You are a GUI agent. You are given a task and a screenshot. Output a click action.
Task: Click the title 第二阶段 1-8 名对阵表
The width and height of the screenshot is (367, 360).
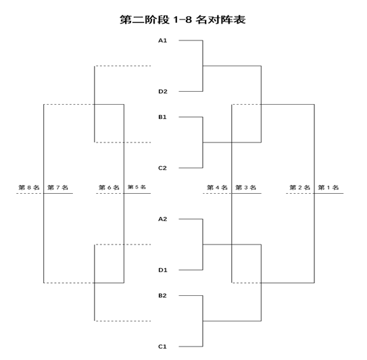(182, 20)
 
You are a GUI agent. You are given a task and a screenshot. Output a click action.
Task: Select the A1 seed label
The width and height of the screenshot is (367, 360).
(163, 41)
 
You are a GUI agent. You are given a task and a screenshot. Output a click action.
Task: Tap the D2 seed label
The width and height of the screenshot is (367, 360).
(163, 91)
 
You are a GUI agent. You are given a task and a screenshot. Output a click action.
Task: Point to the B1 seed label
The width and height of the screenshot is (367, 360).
(162, 117)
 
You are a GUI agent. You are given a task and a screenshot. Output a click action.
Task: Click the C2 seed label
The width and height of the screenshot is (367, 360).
(162, 168)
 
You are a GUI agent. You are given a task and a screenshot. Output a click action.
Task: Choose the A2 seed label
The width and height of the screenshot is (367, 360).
(163, 220)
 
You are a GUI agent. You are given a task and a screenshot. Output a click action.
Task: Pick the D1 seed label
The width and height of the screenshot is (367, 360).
(163, 270)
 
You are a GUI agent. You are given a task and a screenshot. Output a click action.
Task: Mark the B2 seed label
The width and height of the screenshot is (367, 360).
(162, 296)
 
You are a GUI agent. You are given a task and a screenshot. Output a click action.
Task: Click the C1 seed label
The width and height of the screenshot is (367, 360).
(162, 346)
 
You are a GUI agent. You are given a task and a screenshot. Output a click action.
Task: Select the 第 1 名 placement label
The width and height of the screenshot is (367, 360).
(328, 187)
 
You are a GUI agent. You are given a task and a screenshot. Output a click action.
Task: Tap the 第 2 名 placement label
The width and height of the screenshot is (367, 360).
(299, 187)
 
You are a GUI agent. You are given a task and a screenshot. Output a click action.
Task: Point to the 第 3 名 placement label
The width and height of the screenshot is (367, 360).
(246, 187)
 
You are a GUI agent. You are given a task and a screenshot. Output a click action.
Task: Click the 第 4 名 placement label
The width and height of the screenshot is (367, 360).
(217, 187)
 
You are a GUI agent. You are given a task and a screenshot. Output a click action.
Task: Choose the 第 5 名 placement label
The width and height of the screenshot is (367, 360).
(137, 187)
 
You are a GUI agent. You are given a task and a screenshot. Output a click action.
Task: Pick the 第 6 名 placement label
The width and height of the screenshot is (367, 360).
(109, 187)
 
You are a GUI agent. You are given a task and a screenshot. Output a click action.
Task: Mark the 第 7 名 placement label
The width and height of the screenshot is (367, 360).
(58, 187)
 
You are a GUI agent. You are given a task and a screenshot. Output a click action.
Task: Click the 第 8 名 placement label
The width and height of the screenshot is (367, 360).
(29, 187)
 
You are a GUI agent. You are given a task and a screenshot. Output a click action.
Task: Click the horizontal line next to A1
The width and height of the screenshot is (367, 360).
(191, 41)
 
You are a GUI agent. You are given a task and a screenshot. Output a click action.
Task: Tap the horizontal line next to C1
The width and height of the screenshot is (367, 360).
(191, 346)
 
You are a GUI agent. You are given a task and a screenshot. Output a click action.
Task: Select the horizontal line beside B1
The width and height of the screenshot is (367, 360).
(191, 117)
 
